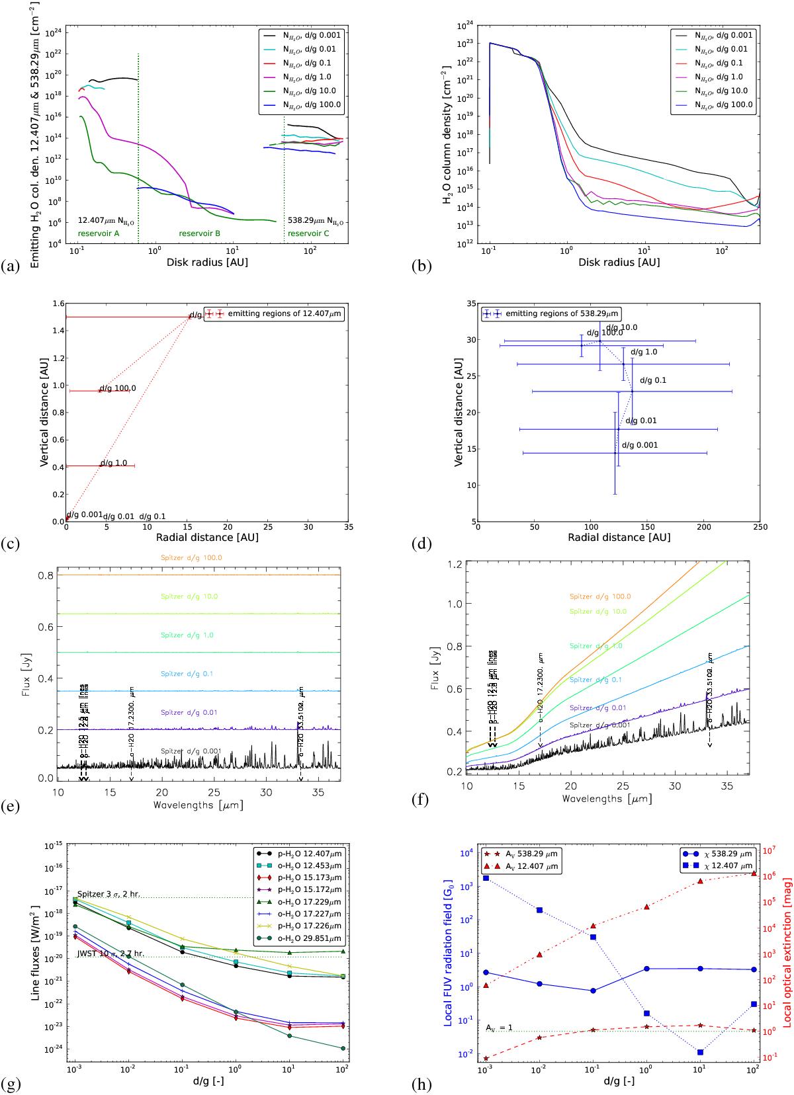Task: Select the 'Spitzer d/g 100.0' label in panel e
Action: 191,558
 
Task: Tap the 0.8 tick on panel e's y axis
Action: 44,575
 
